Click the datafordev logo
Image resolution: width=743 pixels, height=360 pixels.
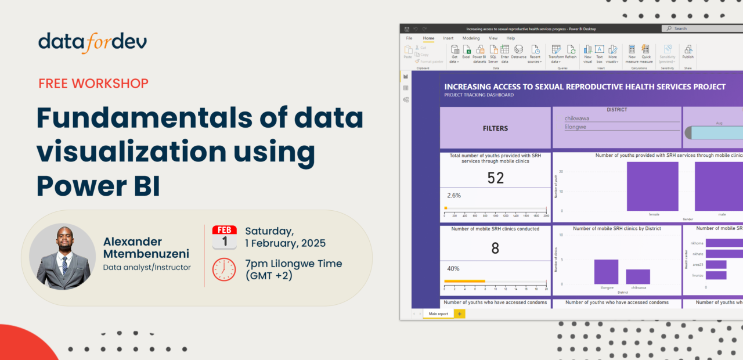(93, 42)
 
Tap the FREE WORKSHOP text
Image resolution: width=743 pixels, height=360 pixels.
(93, 83)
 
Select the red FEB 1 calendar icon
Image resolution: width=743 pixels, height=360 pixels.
(224, 237)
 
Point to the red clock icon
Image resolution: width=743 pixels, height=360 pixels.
(224, 269)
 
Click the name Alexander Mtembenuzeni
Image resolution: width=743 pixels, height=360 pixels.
(146, 248)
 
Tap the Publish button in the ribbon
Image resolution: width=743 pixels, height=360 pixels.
(688, 52)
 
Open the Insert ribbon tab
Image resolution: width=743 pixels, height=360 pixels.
(448, 38)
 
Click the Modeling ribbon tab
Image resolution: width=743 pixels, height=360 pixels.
(471, 38)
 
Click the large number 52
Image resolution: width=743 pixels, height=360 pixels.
(495, 178)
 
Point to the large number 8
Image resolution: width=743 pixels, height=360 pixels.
(495, 249)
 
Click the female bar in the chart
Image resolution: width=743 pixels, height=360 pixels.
(652, 186)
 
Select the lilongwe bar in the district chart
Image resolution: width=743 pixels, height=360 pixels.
(606, 272)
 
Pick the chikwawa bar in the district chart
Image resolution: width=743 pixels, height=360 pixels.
(638, 276)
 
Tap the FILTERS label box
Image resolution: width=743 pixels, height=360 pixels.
(495, 128)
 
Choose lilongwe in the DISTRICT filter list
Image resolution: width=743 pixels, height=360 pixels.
(576, 127)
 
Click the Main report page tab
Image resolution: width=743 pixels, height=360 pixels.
(438, 314)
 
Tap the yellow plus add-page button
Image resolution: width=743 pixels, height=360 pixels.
(459, 314)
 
